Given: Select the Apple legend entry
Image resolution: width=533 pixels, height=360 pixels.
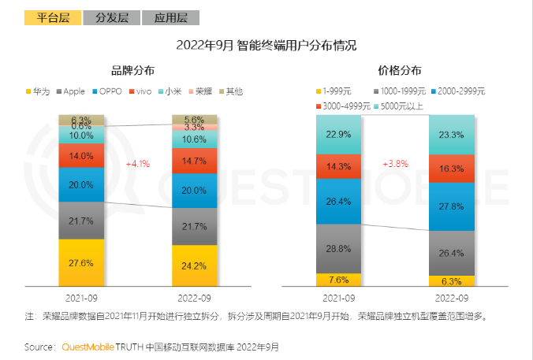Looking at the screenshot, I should (74, 91).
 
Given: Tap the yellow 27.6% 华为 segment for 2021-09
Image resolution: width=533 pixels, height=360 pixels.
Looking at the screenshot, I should (82, 262).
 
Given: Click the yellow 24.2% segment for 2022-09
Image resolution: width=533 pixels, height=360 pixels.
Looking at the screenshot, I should (195, 265).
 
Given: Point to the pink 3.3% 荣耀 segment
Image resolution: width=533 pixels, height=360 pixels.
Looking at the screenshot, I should (195, 127).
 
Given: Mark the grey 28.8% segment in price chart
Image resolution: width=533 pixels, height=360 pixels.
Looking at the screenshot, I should (338, 248).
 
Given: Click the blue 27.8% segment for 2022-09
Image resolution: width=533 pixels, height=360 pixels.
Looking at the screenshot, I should (452, 206).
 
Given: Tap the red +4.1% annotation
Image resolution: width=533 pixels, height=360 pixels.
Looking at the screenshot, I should (137, 163).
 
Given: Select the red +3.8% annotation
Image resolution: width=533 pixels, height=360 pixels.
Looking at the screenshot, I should (395, 163).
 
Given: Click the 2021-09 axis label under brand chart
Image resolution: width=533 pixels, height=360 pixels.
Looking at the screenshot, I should (81, 299).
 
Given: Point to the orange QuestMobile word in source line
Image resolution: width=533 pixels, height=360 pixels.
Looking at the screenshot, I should (88, 347).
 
